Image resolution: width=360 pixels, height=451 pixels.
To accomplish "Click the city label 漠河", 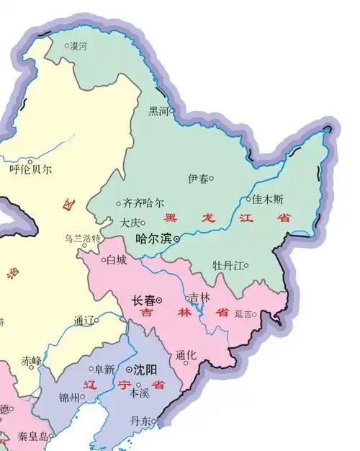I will coord(78,46).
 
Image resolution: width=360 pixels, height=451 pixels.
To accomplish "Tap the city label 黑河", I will coord(158,112).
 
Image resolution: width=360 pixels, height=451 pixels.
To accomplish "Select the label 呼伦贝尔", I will coord(30,170).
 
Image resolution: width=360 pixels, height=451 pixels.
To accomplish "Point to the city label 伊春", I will coord(197,178).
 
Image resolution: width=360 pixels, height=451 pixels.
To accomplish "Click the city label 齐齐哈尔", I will coord(144,203).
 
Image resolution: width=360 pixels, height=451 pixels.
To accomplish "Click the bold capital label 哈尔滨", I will coord(153,238).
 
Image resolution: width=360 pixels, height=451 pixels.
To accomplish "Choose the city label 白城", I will coord(116,259).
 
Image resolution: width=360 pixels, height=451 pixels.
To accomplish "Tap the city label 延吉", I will coord(245,314).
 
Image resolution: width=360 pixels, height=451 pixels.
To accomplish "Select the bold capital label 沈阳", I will coord(146,370).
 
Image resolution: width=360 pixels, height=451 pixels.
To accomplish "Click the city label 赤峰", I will coord(31,360).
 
